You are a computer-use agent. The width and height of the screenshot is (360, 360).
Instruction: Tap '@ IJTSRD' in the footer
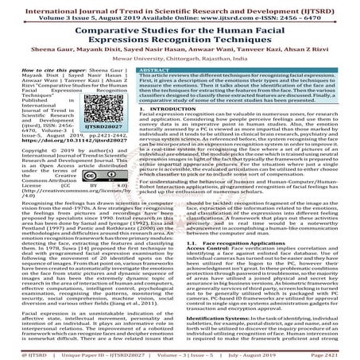[x=20, y=354]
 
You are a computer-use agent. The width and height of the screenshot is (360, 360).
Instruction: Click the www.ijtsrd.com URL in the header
[x=224, y=14]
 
